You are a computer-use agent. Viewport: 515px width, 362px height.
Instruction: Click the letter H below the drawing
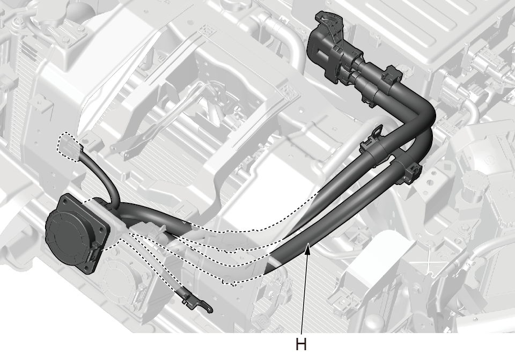(x=301, y=344)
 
